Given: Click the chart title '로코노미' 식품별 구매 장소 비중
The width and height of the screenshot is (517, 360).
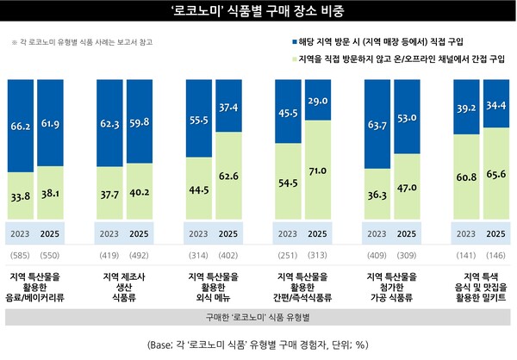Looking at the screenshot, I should pos(258,11).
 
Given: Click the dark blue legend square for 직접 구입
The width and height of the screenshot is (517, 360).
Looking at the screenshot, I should pos(285,41).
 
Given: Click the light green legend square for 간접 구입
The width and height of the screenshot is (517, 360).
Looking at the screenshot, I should pos(285,59).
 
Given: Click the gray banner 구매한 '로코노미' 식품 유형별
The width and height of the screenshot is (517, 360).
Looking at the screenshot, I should pos(258,316).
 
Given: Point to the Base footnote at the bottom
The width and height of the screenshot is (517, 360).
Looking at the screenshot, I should pos(258,344).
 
